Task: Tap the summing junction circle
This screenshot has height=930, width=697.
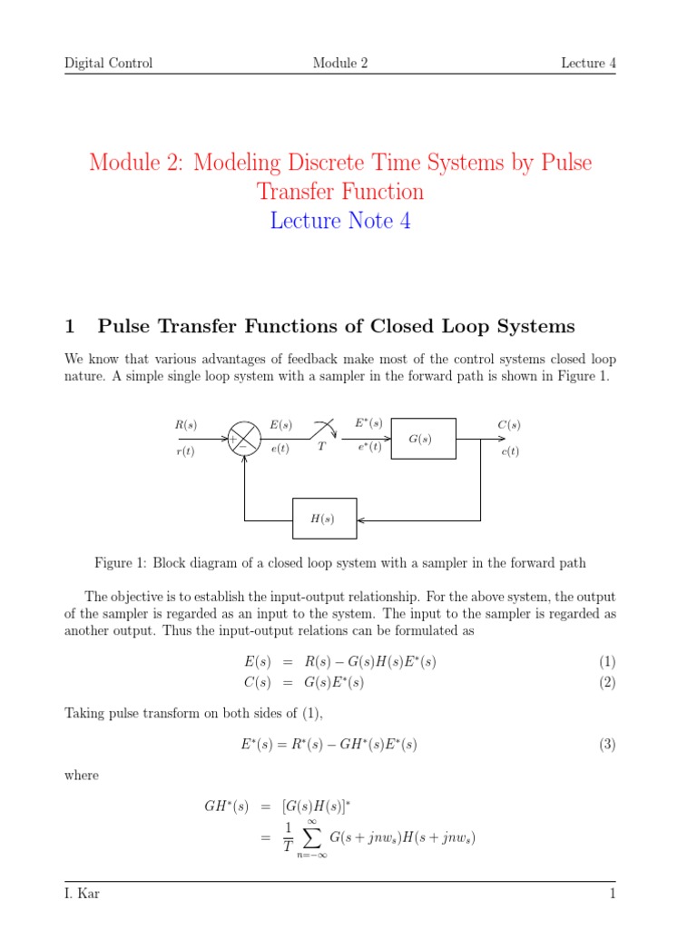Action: pyautogui.click(x=241, y=439)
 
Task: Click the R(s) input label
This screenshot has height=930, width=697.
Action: pyautogui.click(x=185, y=424)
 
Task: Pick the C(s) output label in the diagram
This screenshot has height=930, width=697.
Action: pyautogui.click(x=509, y=424)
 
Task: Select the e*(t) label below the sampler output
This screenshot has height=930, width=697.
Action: pyautogui.click(x=368, y=447)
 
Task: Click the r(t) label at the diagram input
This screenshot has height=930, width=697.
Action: pyautogui.click(x=185, y=452)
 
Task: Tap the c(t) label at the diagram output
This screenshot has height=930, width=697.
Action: pyautogui.click(x=509, y=452)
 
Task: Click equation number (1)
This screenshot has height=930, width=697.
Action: pyautogui.click(x=607, y=662)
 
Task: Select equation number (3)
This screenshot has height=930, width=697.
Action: pyautogui.click(x=607, y=745)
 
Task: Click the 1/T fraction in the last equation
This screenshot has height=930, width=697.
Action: pyautogui.click(x=288, y=837)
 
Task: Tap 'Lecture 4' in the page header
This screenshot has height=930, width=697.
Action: pyautogui.click(x=588, y=63)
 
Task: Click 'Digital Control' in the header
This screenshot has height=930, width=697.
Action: pyautogui.click(x=108, y=63)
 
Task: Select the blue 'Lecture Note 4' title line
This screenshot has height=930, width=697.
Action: pyautogui.click(x=340, y=221)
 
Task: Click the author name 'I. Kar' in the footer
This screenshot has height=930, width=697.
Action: pyautogui.click(x=82, y=895)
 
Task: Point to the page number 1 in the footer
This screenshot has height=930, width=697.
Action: pyautogui.click(x=613, y=895)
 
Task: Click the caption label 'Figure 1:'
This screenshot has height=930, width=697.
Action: pyautogui.click(x=121, y=563)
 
